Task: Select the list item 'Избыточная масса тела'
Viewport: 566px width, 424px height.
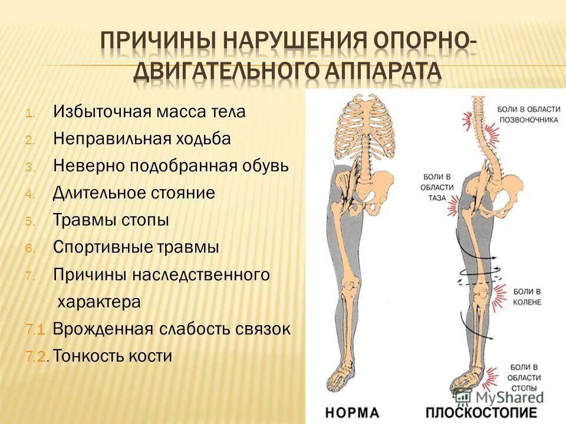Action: [149, 112]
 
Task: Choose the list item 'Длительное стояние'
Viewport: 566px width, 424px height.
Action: [134, 193]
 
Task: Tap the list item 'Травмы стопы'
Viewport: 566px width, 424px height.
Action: [111, 221]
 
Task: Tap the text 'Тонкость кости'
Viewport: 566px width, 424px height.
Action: [113, 356]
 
